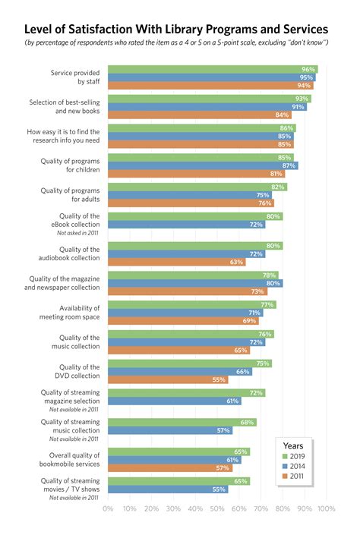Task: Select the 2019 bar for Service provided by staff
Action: pos(213,69)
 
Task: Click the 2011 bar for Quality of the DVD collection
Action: pos(168,379)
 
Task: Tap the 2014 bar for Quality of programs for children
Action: pos(203,165)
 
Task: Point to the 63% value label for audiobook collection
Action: pos(237,263)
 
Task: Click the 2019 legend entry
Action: pos(296,455)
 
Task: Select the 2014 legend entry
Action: pos(296,467)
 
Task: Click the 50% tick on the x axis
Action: pos(218,508)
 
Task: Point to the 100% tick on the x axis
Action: pos(326,508)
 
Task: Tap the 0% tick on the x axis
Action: pos(108,508)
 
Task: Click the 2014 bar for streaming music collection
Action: pos(171,430)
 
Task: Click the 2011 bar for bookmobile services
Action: pos(171,467)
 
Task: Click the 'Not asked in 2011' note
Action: pos(75,233)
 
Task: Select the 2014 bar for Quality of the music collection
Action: pos(187,342)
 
